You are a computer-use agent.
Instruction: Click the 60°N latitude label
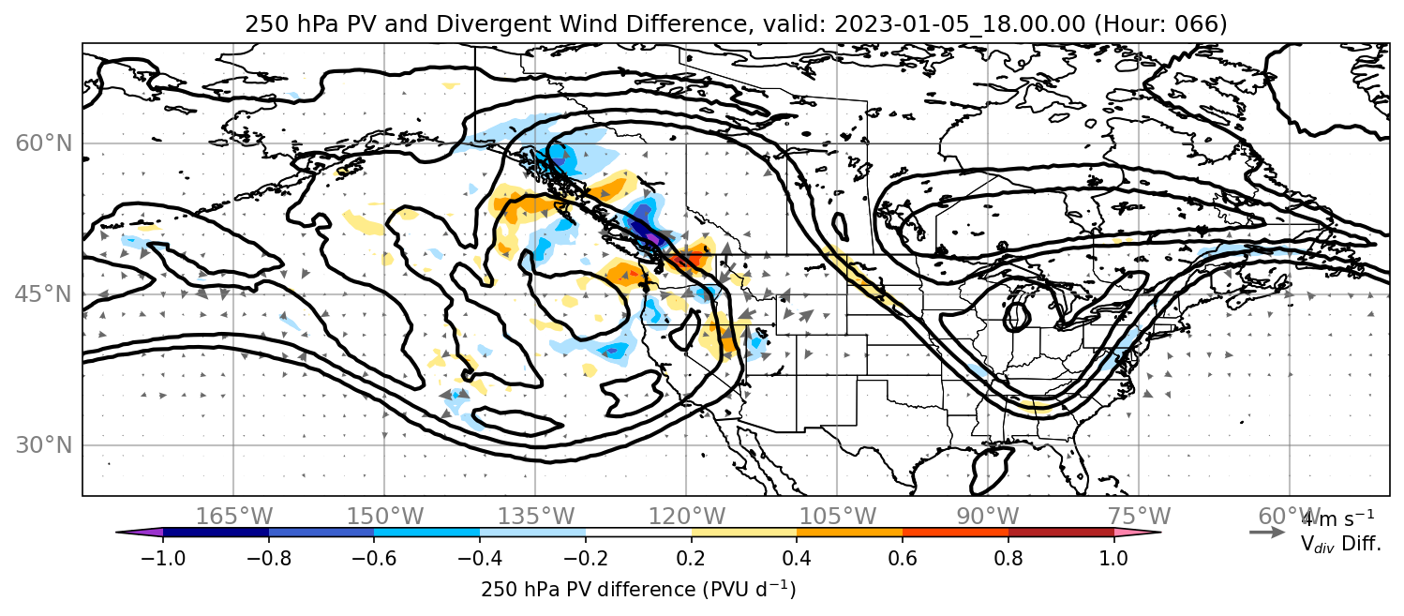[43, 143]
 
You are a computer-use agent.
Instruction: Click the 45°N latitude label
[43, 294]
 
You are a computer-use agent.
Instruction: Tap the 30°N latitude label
[43, 445]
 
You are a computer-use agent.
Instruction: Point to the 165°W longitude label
[233, 517]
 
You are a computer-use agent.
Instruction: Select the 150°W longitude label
[385, 517]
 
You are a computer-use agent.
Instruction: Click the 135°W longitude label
[536, 517]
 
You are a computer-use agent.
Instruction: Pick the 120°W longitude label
[686, 517]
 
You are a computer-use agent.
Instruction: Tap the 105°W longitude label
[837, 517]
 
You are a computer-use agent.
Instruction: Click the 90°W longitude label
[988, 517]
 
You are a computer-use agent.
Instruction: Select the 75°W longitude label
[1139, 517]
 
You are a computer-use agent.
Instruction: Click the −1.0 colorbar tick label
[163, 558]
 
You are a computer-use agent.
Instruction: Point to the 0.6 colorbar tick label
[903, 558]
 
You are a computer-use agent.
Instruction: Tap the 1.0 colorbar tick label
[1113, 558]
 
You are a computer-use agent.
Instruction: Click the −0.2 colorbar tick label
[586, 558]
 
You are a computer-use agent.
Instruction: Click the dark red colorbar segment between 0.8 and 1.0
[1061, 533]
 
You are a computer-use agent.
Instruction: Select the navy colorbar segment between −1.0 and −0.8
[217, 533]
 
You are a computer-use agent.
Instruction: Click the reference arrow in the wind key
[1267, 533]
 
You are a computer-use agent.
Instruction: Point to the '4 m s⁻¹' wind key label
[1338, 518]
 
